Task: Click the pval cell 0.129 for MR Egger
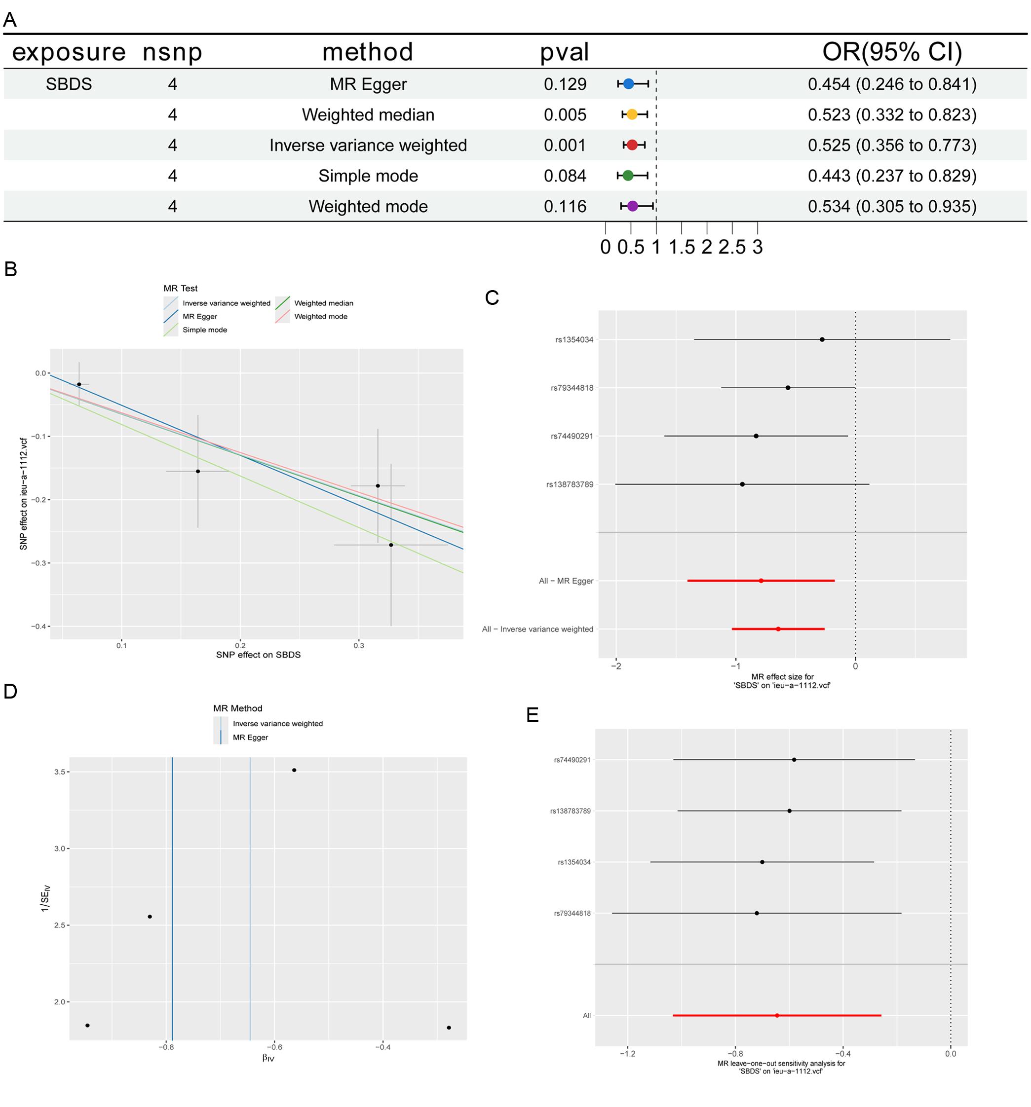565,84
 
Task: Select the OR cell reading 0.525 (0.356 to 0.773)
892,146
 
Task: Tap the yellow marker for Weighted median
632,115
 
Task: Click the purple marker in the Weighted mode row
632,206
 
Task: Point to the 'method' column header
368,52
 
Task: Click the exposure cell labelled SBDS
69,84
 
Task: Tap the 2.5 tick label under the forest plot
732,247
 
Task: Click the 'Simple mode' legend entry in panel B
204,330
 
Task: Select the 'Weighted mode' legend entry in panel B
320,316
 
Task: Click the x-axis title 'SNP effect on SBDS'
259,655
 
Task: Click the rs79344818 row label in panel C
572,388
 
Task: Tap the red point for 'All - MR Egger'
761,581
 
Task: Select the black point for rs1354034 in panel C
822,339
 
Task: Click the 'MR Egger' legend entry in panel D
250,737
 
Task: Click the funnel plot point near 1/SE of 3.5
294,770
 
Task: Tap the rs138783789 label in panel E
571,811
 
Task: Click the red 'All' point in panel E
777,1016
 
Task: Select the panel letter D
10,691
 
